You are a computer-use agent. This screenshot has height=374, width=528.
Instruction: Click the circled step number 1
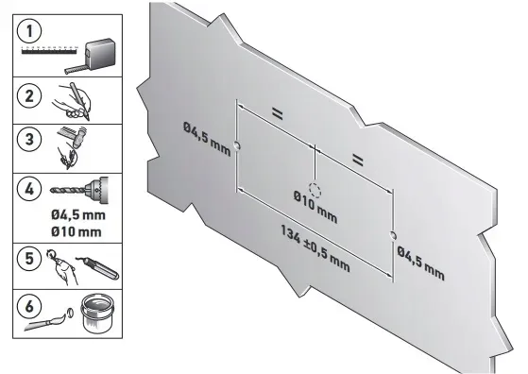pyautogui.click(x=29, y=31)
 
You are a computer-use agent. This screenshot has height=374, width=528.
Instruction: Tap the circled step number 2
pyautogui.click(x=29, y=96)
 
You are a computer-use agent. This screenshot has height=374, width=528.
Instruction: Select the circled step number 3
pyautogui.click(x=29, y=139)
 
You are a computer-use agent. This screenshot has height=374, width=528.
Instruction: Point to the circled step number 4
pyautogui.click(x=29, y=189)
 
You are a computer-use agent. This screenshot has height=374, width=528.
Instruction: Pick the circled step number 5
pyautogui.click(x=29, y=259)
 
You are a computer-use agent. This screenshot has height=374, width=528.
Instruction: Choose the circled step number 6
pyautogui.click(x=29, y=307)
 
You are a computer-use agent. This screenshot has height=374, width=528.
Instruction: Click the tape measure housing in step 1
pyautogui.click(x=98, y=53)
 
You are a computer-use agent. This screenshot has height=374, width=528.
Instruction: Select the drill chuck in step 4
pyautogui.click(x=97, y=190)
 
